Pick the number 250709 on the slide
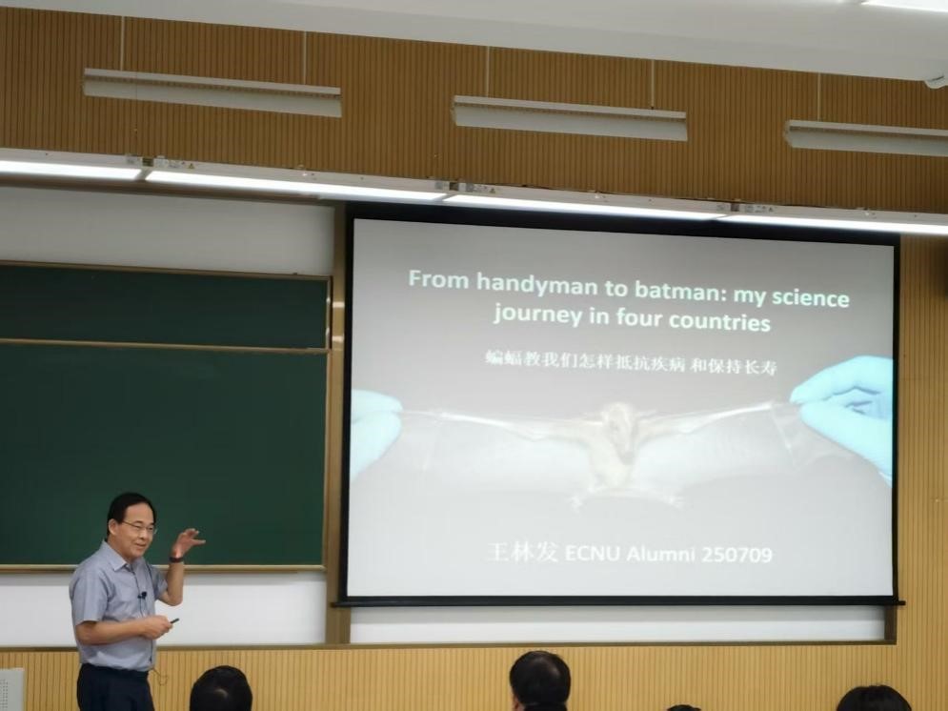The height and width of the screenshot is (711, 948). tap(736, 555)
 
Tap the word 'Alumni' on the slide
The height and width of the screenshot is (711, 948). tap(660, 554)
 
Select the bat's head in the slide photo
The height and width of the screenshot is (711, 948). tap(618, 422)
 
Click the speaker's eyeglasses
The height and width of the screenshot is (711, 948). tap(141, 528)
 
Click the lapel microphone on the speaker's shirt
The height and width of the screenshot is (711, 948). tap(143, 596)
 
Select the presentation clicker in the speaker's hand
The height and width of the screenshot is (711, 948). tap(173, 620)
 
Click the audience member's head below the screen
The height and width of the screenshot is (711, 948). tap(540, 681)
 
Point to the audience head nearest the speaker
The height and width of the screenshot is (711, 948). tap(221, 689)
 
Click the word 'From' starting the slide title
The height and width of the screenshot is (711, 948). tap(439, 278)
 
